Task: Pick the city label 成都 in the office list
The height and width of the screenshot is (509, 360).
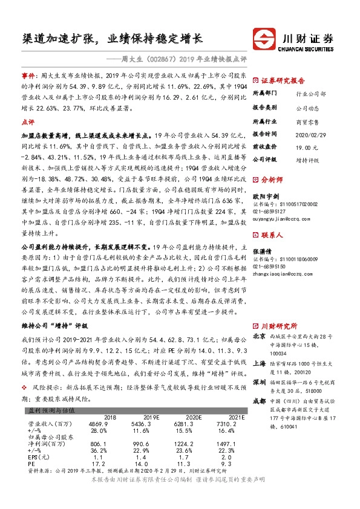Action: coord(259,401)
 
